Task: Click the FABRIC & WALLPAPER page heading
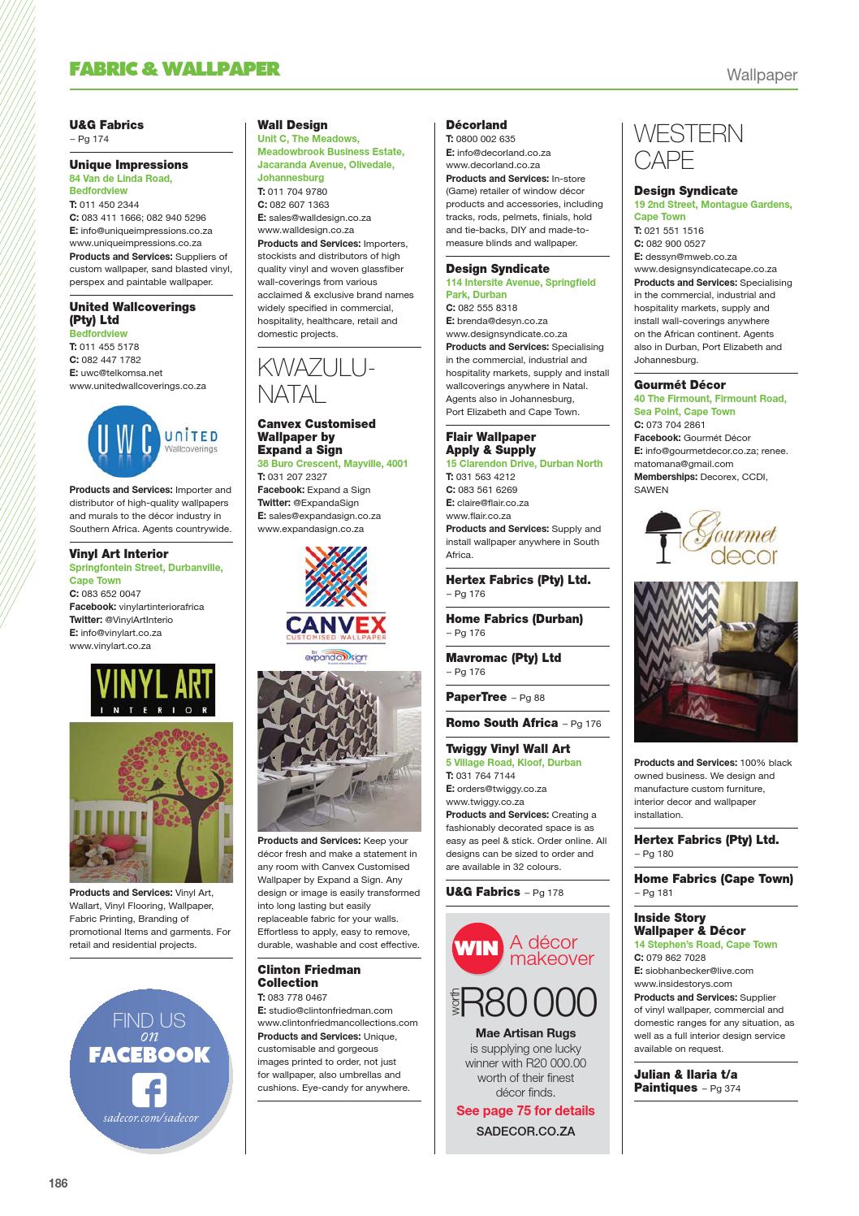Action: (x=175, y=69)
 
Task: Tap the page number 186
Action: (x=57, y=1183)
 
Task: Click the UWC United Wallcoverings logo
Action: (x=152, y=441)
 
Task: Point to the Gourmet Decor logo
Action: (x=711, y=537)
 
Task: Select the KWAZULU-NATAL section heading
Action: (x=316, y=381)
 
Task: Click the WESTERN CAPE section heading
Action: (x=688, y=147)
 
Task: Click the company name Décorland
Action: (x=476, y=125)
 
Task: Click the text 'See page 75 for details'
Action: (x=525, y=1110)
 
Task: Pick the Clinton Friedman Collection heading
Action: (x=309, y=976)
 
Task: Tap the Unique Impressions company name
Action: (x=128, y=165)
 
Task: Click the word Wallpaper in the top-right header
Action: (x=762, y=76)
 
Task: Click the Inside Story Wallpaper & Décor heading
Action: (x=689, y=924)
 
